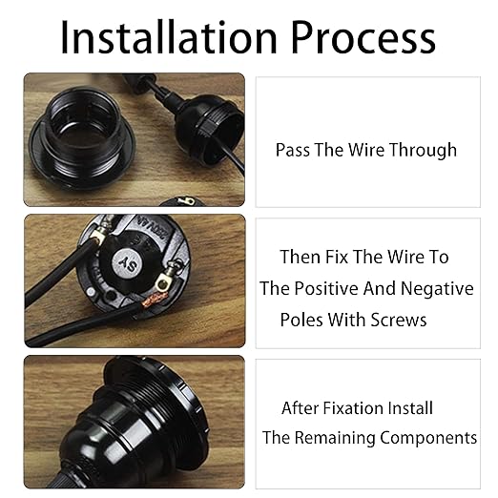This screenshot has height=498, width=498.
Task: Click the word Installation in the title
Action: pyautogui.click(x=169, y=37)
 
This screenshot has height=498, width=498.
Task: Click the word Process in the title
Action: pyautogui.click(x=363, y=38)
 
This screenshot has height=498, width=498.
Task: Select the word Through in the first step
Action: pyautogui.click(x=424, y=151)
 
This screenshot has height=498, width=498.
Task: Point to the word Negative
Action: pyautogui.click(x=437, y=289)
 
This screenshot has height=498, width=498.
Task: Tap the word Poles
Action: pyautogui.click(x=301, y=320)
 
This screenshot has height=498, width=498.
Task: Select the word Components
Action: pyautogui.click(x=428, y=438)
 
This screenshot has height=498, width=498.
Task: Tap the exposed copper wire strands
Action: pyautogui.click(x=154, y=301)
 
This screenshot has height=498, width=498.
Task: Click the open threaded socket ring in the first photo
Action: pyautogui.click(x=81, y=137)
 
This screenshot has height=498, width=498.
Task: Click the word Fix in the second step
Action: pyautogui.click(x=337, y=257)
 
